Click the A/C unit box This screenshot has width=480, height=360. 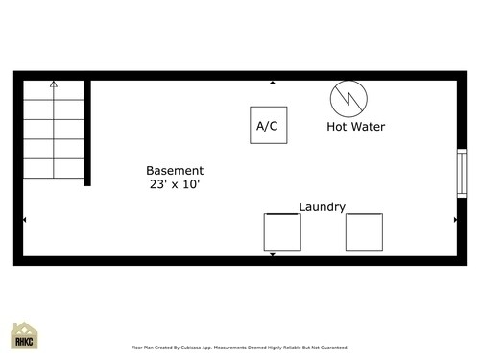click(268, 126)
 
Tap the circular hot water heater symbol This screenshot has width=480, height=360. click(348, 98)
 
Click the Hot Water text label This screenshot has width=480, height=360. click(357, 126)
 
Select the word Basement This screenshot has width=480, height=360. click(175, 169)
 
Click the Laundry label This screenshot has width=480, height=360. click(323, 206)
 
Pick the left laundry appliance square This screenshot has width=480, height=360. click(282, 231)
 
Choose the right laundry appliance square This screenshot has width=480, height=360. click(364, 231)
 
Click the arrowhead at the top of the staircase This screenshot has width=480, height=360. click(54, 84)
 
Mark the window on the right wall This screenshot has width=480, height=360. click(461, 174)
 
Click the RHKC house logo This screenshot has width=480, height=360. click(25, 336)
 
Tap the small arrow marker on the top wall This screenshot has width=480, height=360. click(273, 84)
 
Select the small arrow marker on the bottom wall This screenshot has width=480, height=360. click(273, 254)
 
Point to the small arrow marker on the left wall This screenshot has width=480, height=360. click(24, 220)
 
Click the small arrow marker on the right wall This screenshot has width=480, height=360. click(455, 220)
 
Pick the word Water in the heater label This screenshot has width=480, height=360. click(370, 126)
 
